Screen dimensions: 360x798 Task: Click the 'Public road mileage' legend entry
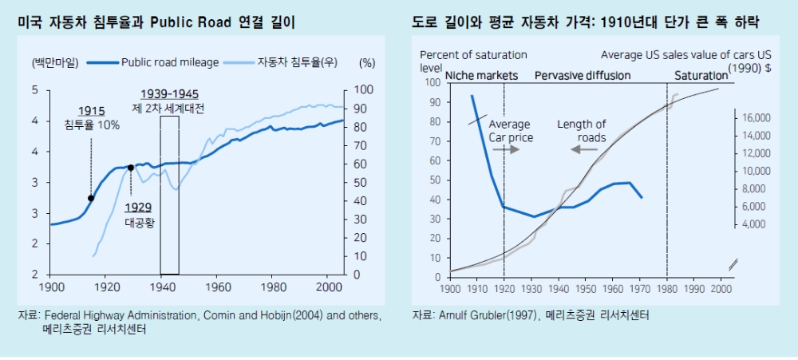click(166, 61)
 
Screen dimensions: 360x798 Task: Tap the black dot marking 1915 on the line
click(91, 198)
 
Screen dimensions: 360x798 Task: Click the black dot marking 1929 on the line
click(130, 168)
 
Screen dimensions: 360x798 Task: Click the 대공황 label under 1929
click(140, 223)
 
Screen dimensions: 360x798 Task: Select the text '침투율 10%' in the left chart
click(93, 125)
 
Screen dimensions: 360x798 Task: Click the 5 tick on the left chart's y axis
click(35, 90)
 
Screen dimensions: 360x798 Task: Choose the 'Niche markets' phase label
click(481, 75)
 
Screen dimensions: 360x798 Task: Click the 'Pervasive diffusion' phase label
click(582, 75)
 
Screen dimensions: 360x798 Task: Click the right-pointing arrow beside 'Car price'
click(512, 149)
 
